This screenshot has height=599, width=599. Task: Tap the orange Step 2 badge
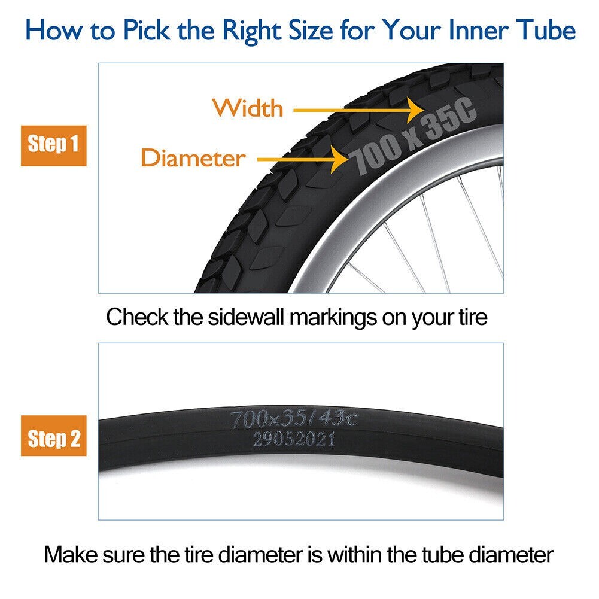[53, 439]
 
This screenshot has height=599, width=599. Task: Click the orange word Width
[248, 108]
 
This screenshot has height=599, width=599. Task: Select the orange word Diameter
[193, 159]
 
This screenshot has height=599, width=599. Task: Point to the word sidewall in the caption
[243, 317]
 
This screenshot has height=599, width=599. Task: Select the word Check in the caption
[135, 317]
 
